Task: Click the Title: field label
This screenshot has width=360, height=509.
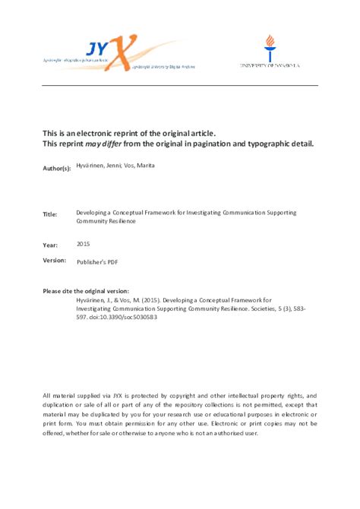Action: [x=50, y=216]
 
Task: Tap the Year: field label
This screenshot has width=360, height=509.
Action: [x=49, y=245]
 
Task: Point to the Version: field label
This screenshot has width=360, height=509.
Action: [x=55, y=261]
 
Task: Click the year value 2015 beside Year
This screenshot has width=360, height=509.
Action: [x=84, y=244]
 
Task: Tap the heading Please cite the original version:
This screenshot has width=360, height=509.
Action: [x=86, y=292]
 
